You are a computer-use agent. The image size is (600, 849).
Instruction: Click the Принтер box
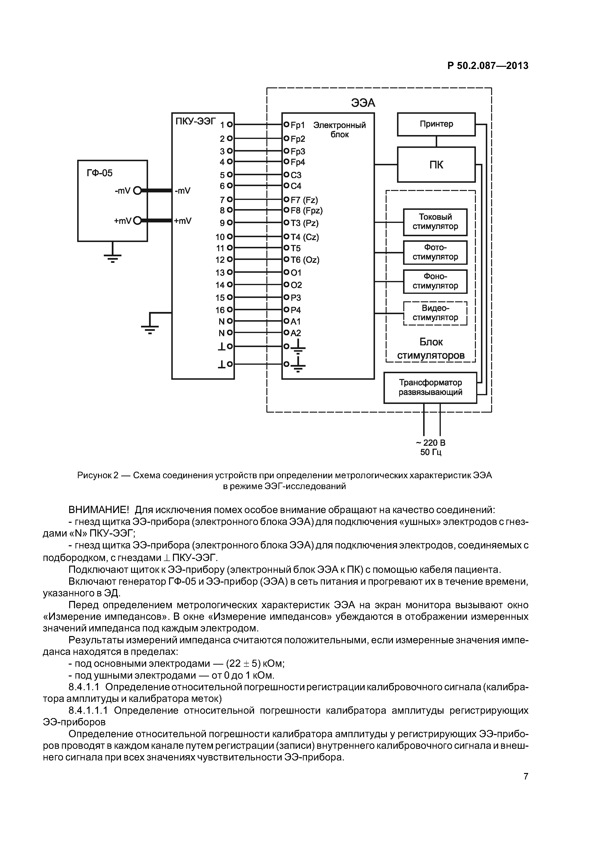coord(436,124)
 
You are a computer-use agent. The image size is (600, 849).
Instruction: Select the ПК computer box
coord(436,165)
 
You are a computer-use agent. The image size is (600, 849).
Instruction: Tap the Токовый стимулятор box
coord(435,222)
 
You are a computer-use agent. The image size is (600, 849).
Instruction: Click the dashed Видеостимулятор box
coord(435,313)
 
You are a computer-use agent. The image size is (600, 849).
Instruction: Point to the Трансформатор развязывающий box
coord(430,387)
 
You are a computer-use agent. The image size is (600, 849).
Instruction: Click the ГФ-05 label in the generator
coord(99,173)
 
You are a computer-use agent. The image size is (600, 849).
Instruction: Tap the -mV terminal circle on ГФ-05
coord(137,191)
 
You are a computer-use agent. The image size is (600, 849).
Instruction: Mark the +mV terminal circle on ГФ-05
coord(137,221)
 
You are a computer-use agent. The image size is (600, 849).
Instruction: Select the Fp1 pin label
coord(298,125)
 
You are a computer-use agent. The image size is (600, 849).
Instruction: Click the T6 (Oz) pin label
coord(305,260)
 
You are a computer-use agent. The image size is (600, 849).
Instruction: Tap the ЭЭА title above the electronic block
coord(363,103)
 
